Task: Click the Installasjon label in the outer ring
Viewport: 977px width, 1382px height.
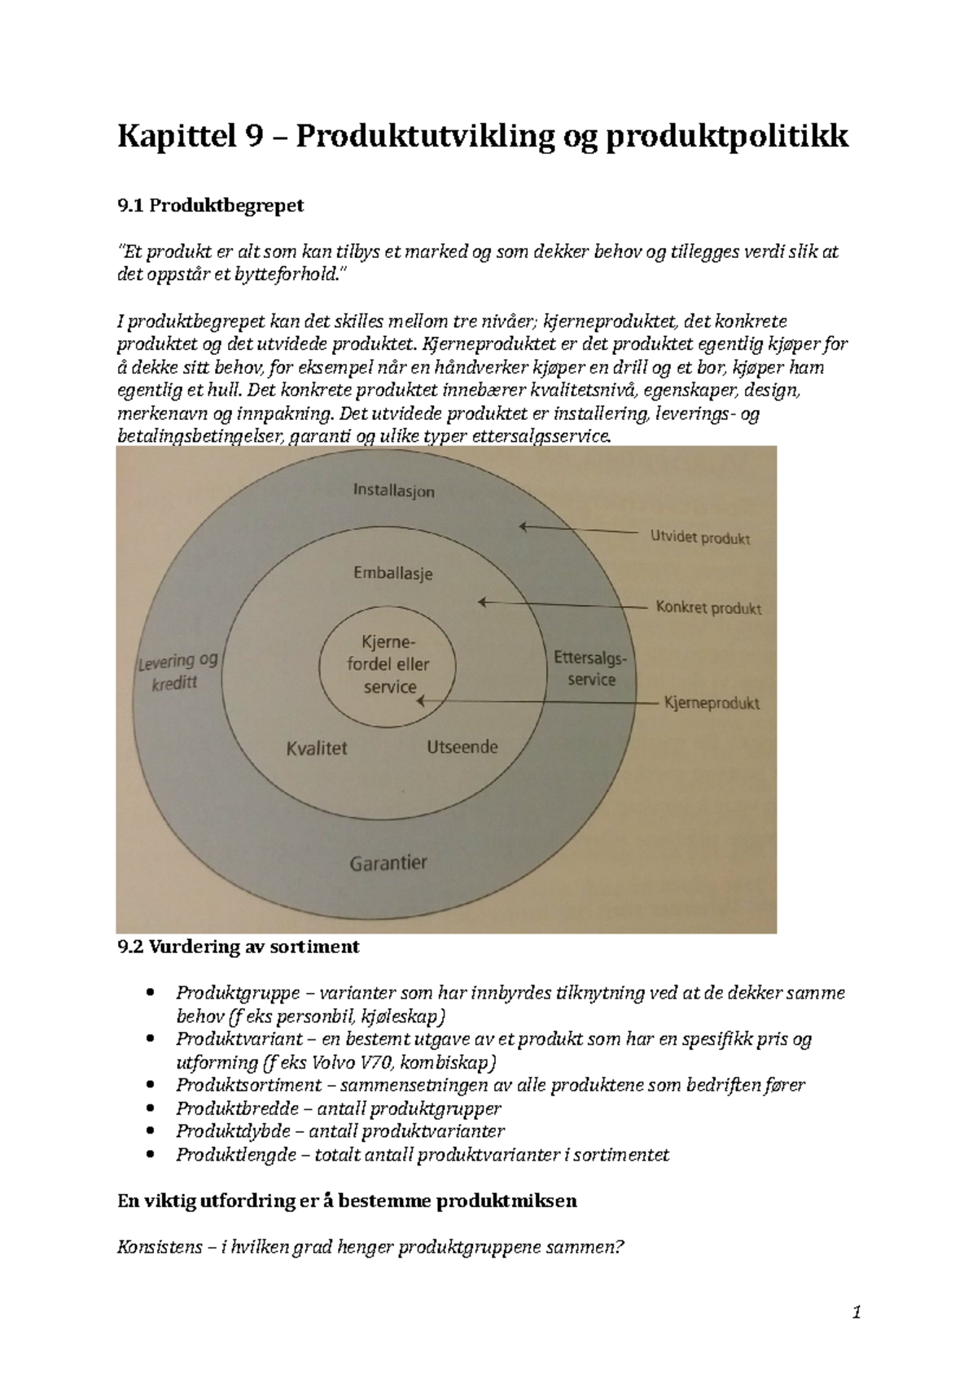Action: [393, 491]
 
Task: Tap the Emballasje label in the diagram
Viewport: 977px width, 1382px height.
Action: [392, 573]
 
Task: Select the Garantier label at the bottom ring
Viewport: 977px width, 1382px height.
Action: [388, 863]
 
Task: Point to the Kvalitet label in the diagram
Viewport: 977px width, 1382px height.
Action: [317, 748]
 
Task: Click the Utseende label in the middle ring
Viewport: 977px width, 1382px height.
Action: [462, 746]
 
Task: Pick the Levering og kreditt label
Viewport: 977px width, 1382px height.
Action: [177, 671]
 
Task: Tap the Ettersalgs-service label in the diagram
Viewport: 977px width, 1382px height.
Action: [591, 668]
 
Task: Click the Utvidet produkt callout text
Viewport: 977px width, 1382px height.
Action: [700, 537]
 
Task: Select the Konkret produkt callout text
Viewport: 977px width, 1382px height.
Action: [708, 608]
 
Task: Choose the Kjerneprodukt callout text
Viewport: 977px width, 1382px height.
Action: [712, 703]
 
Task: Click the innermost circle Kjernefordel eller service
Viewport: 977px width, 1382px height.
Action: [388, 664]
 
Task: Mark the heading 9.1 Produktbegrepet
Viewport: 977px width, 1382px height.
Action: [211, 205]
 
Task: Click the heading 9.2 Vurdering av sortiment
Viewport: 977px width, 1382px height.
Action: [239, 947]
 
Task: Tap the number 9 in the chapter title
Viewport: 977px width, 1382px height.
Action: [252, 136]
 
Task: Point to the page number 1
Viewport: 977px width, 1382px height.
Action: [856, 1312]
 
